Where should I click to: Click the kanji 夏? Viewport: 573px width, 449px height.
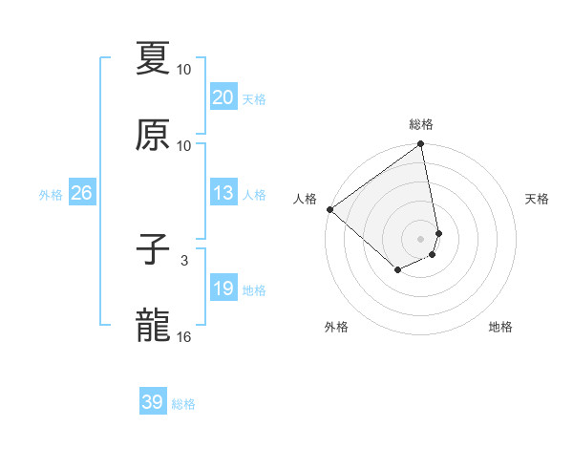pyautogui.click(x=153, y=58)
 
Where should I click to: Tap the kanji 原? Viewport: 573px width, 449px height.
pyautogui.click(x=153, y=135)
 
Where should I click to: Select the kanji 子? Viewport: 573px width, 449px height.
pyautogui.click(x=153, y=251)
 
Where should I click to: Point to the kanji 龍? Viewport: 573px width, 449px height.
pyautogui.click(x=153, y=327)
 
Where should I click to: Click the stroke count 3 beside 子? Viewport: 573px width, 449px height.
pyautogui.click(x=184, y=260)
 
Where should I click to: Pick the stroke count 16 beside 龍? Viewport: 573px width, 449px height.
pyautogui.click(x=184, y=336)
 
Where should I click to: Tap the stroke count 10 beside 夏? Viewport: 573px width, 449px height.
pyautogui.click(x=184, y=69)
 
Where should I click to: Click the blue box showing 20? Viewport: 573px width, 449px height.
pyautogui.click(x=223, y=97)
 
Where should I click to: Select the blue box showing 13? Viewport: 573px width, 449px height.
pyautogui.click(x=223, y=193)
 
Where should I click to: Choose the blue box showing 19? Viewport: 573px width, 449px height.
pyautogui.click(x=223, y=289)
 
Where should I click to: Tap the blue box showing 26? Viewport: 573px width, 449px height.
pyautogui.click(x=82, y=193)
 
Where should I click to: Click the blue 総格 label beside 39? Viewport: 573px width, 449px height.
pyautogui.click(x=183, y=404)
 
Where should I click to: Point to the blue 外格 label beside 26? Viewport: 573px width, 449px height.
pyautogui.click(x=51, y=195)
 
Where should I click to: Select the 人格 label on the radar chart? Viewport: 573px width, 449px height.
pyautogui.click(x=306, y=199)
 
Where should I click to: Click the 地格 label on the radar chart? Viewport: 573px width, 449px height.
pyautogui.click(x=500, y=328)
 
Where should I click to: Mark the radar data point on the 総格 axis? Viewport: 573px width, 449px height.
pyautogui.click(x=421, y=145)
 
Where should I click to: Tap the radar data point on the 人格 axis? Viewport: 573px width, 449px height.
pyautogui.click(x=329, y=209)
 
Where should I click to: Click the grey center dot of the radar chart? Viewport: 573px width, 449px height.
pyautogui.click(x=421, y=239)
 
